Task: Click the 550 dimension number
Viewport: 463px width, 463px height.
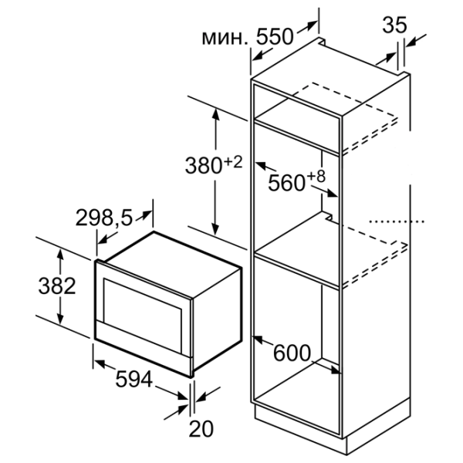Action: click(275, 36)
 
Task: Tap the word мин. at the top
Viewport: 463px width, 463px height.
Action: click(225, 38)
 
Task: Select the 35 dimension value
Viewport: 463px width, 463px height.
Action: click(394, 25)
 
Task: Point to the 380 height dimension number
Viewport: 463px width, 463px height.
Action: click(204, 165)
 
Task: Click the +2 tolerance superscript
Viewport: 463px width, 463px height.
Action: click(233, 162)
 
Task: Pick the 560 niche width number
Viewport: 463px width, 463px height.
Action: click(286, 182)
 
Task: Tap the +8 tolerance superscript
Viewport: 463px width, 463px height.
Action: click(316, 176)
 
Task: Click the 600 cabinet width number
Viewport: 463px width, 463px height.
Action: click(292, 353)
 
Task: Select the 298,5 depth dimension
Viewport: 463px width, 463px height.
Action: click(104, 218)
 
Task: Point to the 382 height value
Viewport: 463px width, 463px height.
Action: click(57, 286)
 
